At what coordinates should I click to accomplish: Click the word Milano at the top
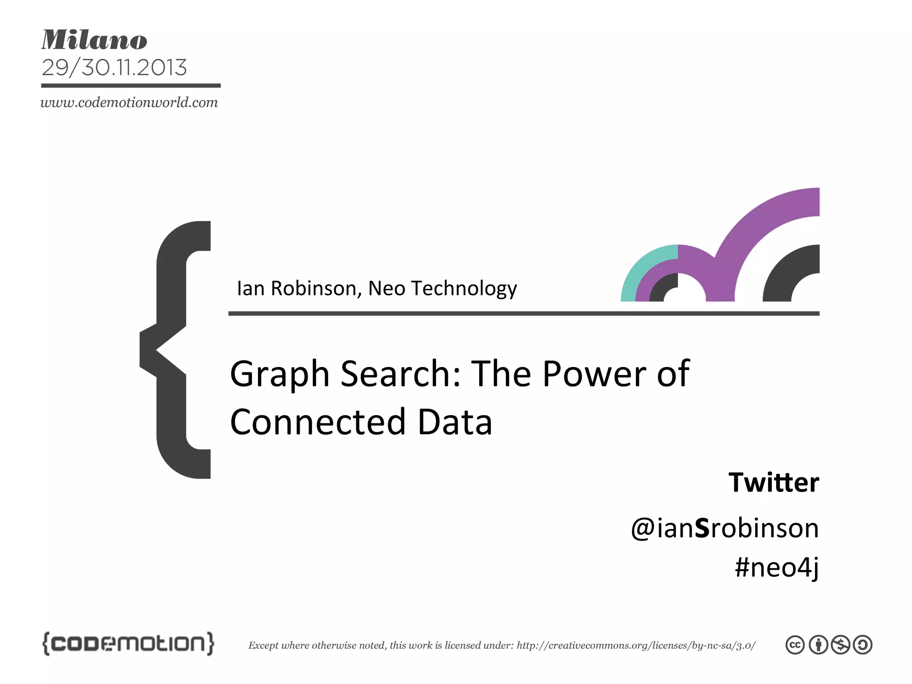click(94, 40)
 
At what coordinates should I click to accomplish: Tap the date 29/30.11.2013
click(114, 68)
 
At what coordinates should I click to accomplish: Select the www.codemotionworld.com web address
click(129, 103)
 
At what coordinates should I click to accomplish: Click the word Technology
click(464, 289)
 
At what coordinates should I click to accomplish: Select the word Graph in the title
click(280, 374)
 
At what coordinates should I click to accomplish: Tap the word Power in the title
click(594, 374)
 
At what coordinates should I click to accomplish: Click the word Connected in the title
click(318, 422)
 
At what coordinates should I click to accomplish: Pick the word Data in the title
click(455, 422)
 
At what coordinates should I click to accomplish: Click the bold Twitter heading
click(774, 482)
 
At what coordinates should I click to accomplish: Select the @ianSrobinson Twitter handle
click(725, 528)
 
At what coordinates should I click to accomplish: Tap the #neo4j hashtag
click(776, 567)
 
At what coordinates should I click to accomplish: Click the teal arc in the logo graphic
click(641, 267)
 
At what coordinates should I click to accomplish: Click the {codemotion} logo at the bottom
click(128, 643)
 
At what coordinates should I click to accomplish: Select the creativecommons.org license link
click(635, 645)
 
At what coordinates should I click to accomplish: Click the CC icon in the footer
click(795, 645)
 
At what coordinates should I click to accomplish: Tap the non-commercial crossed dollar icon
click(841, 645)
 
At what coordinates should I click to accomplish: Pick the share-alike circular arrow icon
click(863, 645)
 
